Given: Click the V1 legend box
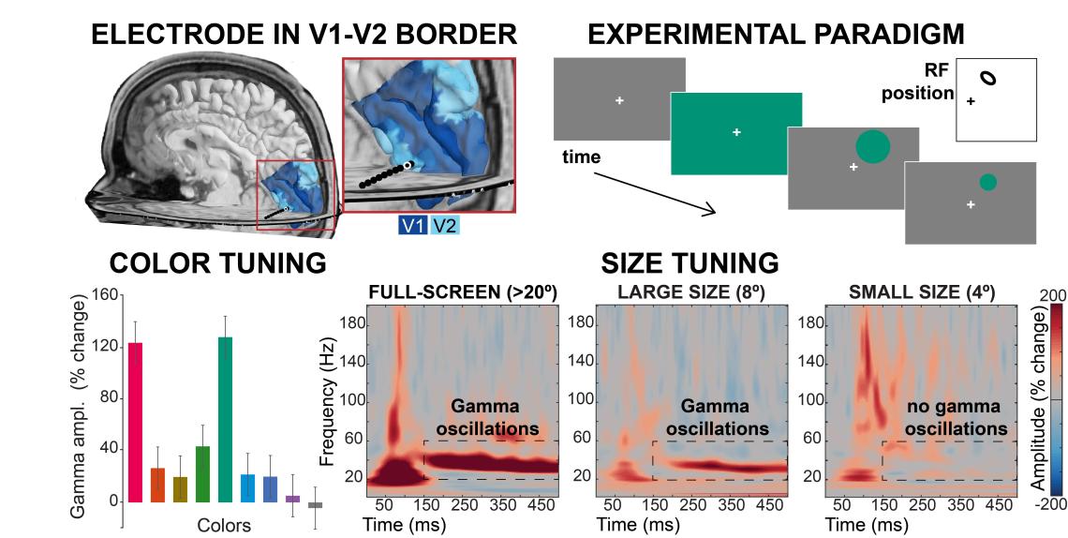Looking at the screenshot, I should pyautogui.click(x=413, y=226).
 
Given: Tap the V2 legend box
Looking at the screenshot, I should pyautogui.click(x=445, y=226).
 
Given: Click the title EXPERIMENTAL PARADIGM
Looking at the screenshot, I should pyautogui.click(x=776, y=36).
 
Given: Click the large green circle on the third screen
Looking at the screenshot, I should pyautogui.click(x=872, y=147).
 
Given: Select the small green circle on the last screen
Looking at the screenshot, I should pyautogui.click(x=987, y=182).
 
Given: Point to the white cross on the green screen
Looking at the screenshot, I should pyautogui.click(x=736, y=133).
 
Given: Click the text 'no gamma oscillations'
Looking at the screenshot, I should pyautogui.click(x=957, y=418).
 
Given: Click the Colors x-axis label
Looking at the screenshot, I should pyautogui.click(x=223, y=525).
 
